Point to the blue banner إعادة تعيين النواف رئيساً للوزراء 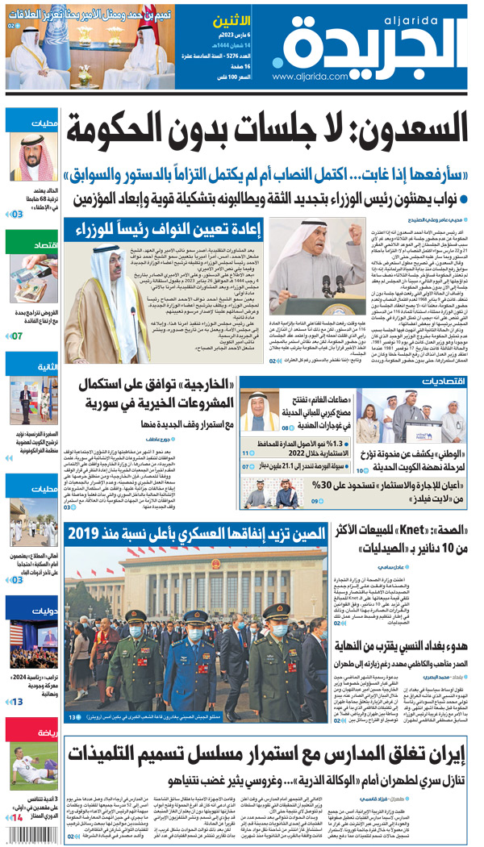tap(181, 232)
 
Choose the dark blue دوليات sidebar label tap(32, 611)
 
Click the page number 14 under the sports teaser tap(16, 819)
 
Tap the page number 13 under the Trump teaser tap(16, 702)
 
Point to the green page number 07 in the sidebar tap(16, 335)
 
